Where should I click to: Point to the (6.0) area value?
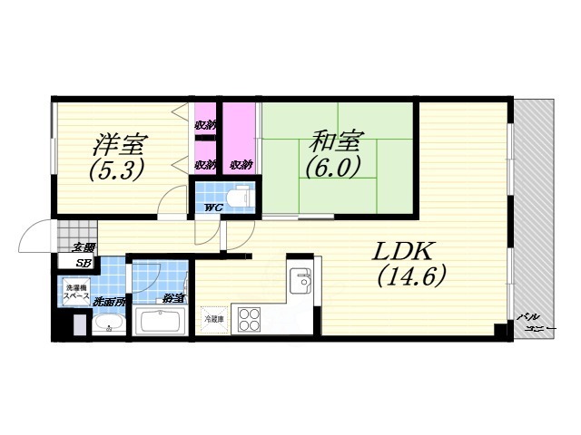point(334,167)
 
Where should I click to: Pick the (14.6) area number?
point(411,277)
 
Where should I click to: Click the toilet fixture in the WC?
point(238,194)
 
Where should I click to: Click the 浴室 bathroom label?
point(172,297)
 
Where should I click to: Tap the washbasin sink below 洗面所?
point(110,324)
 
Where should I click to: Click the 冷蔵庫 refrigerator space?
point(214,319)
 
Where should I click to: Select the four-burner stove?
point(250,320)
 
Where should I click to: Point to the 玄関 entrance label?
point(84,246)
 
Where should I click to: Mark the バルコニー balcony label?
point(535,322)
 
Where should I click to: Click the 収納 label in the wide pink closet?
point(241,165)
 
